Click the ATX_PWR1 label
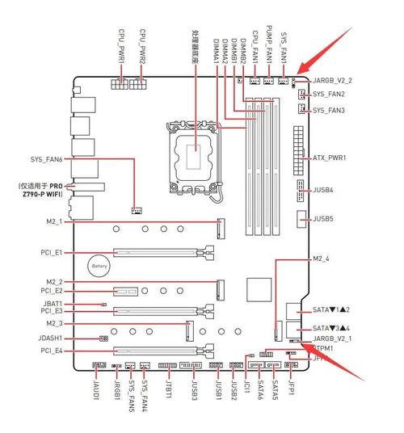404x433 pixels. (x=329, y=158)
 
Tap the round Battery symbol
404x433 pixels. (x=99, y=265)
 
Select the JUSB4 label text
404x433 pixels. (x=323, y=190)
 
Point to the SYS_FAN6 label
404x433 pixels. (x=46, y=159)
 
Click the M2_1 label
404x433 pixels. (x=54, y=221)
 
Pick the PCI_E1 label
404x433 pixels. (x=51, y=253)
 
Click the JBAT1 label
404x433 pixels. (x=51, y=304)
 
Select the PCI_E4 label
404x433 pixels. (x=51, y=351)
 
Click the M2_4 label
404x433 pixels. (x=322, y=259)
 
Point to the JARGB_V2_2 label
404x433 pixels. (x=332, y=81)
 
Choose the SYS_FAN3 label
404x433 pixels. (x=329, y=110)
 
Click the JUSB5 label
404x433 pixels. (x=323, y=218)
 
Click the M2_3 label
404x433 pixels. (x=54, y=323)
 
